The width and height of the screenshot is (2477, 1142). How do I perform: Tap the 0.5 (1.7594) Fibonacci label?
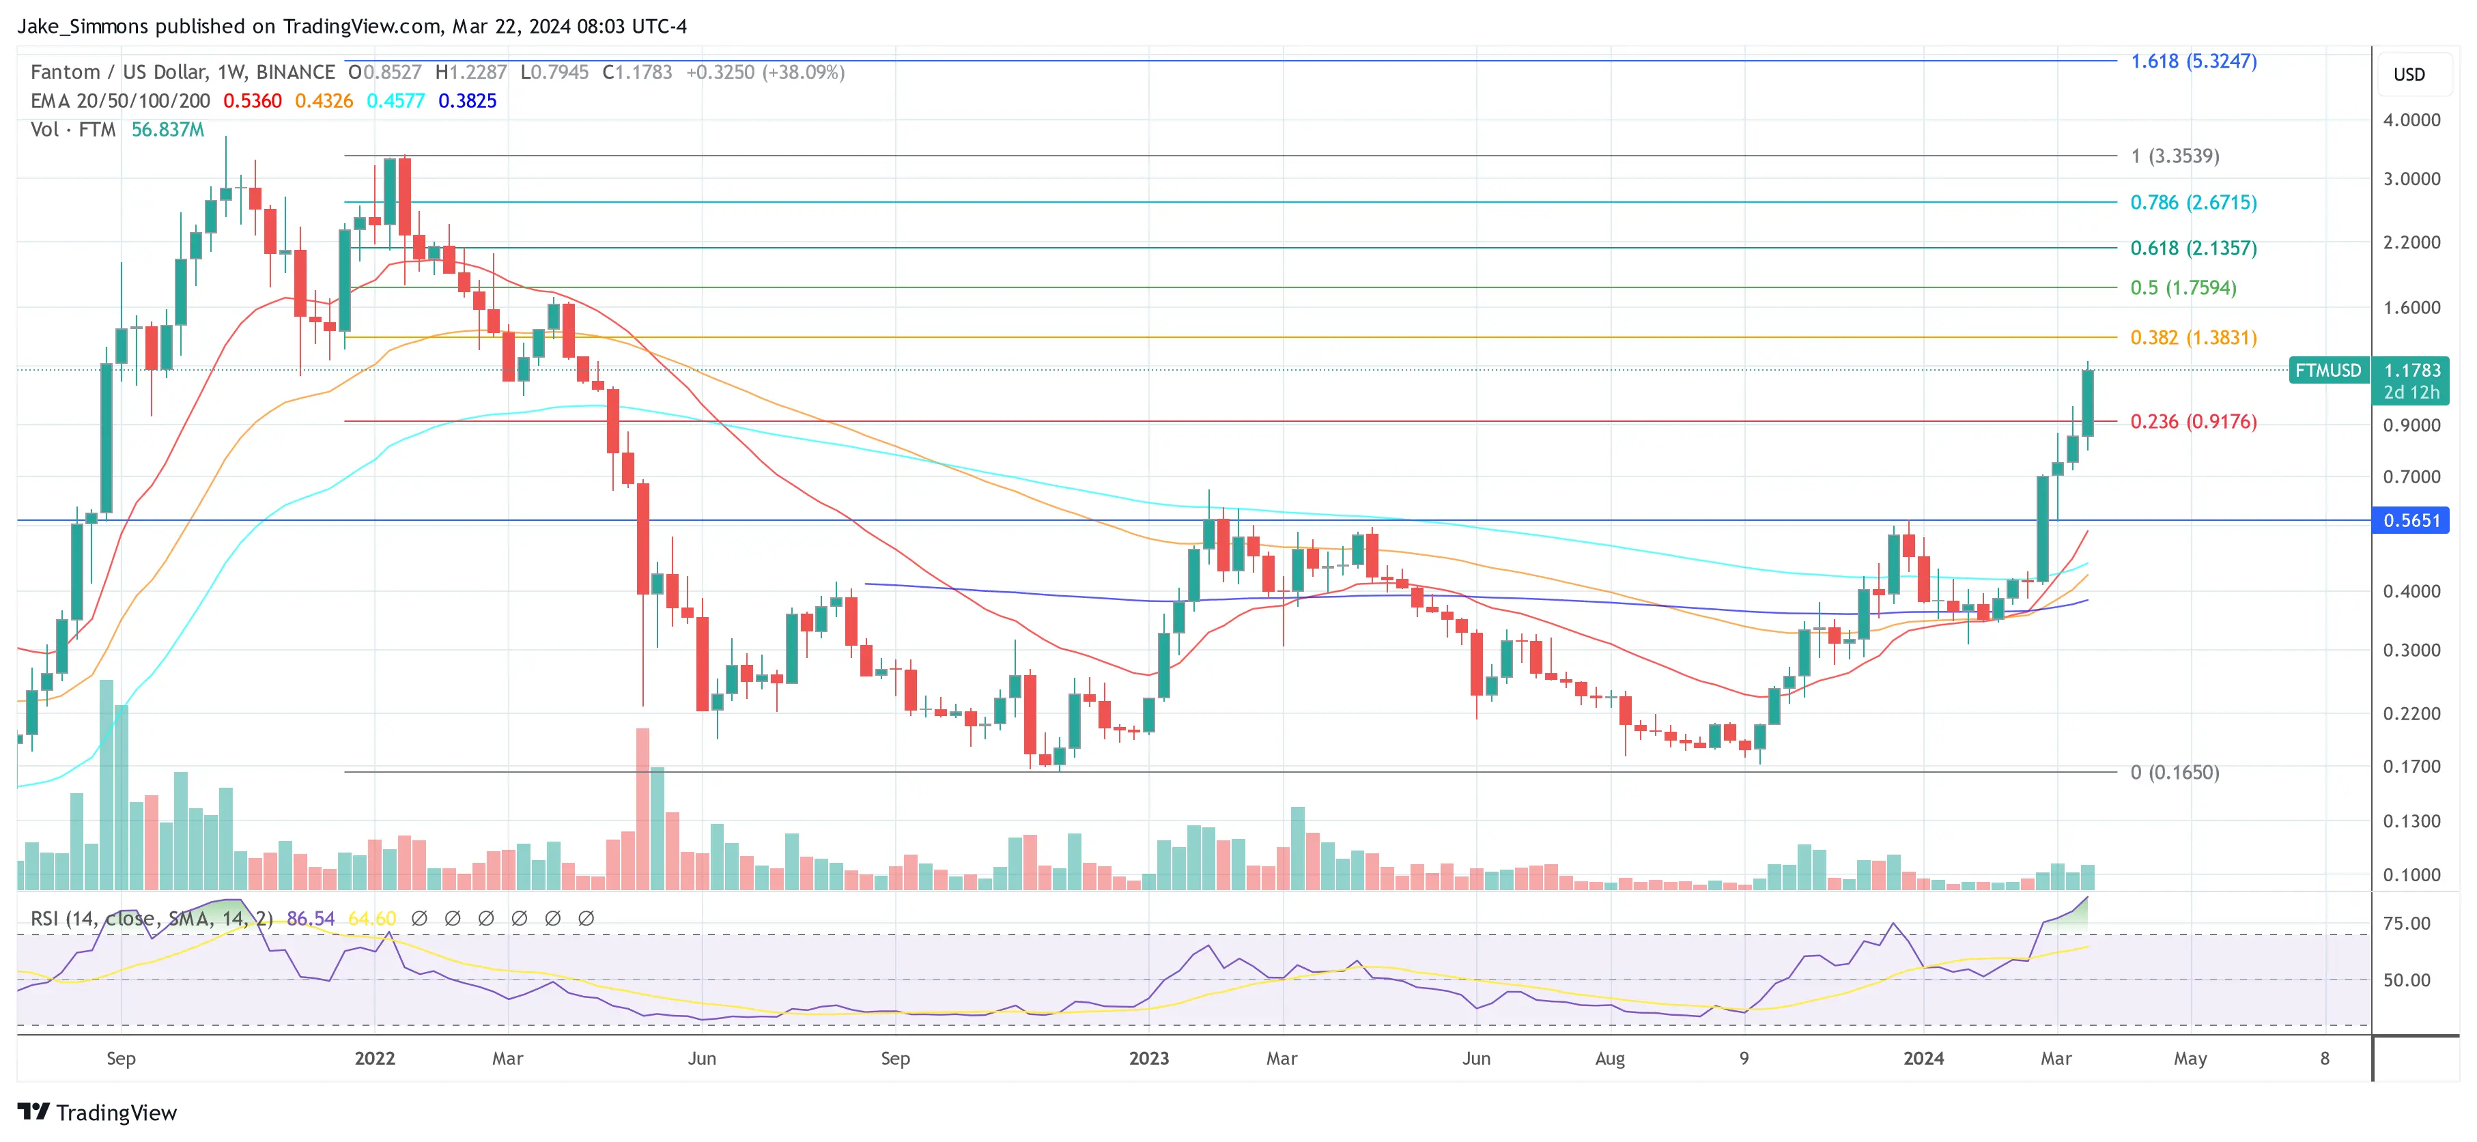click(x=2183, y=287)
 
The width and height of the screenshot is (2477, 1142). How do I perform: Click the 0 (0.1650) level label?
click(x=2174, y=772)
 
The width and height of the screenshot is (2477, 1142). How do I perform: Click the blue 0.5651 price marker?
click(x=2411, y=521)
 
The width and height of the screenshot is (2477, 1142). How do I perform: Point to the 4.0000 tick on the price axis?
click(x=2411, y=120)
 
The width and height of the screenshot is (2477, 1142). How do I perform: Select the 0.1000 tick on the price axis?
click(x=2411, y=875)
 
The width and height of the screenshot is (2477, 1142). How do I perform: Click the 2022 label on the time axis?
click(x=374, y=1058)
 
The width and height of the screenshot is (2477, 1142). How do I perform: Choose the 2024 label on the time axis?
click(x=1923, y=1058)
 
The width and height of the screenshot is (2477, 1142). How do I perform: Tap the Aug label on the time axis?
click(x=1610, y=1058)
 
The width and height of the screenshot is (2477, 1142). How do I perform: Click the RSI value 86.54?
click(x=311, y=919)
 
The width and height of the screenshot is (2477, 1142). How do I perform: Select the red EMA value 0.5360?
click(x=252, y=101)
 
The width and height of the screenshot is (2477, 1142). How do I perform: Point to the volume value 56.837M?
click(x=167, y=130)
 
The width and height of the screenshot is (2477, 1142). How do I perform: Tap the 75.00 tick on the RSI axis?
click(x=2406, y=923)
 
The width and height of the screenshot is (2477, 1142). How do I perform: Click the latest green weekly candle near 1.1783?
click(x=2088, y=403)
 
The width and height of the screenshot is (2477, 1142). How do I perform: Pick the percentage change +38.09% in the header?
click(x=803, y=72)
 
